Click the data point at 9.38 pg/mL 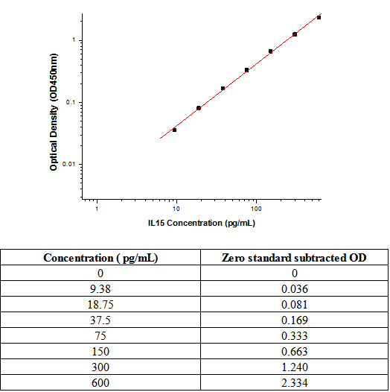(174, 130)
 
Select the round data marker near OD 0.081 (199, 108)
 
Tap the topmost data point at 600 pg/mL (319, 17)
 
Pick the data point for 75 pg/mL (246, 70)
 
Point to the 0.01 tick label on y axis (68, 164)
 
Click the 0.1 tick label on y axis (70, 102)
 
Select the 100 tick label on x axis (256, 209)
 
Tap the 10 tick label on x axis (176, 209)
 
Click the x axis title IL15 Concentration (202, 223)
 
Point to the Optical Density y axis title (54, 112)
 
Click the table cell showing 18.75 (100, 305)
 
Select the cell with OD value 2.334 (295, 383)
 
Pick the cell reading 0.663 (295, 352)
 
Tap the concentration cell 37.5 (100, 320)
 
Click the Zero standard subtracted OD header (294, 258)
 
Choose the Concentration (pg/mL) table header (100, 258)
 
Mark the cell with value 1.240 (295, 367)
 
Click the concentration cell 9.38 (100, 289)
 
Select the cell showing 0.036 (295, 289)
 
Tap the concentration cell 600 (100, 383)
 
